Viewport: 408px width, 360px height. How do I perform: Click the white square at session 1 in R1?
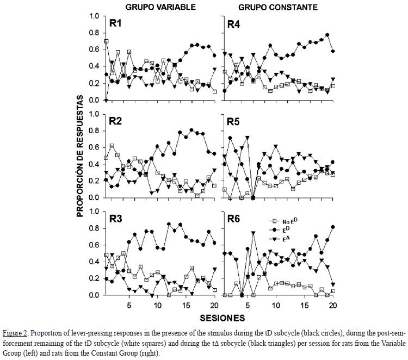tap(106, 41)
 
